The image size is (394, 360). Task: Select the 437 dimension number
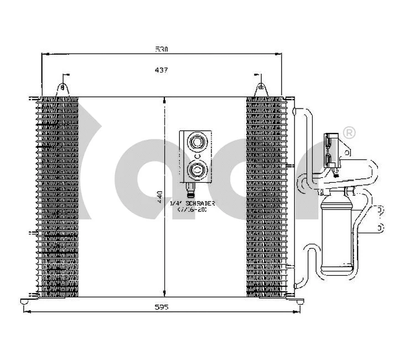point(162,70)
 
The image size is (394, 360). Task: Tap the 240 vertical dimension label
point(160,197)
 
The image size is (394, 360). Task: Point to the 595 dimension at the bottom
point(162,307)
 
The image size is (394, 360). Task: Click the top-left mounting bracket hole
point(63,86)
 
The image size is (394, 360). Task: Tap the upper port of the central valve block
point(196,142)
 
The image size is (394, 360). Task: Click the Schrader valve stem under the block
point(190,190)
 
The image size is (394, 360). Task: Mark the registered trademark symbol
point(349,132)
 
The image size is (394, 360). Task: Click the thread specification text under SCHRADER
point(191,210)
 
